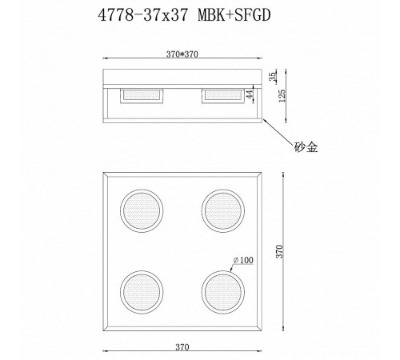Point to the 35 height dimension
point(273,77)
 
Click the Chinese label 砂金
point(306,147)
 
